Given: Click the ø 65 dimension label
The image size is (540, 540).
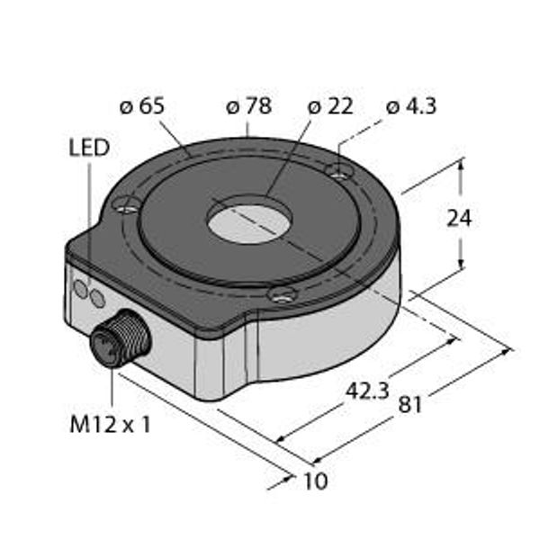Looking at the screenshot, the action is (142, 106).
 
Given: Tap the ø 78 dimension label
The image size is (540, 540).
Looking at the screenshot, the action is (249, 106).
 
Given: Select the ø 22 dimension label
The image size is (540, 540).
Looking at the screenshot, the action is (330, 106).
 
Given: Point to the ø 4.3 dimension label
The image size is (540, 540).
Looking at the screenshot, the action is (411, 106).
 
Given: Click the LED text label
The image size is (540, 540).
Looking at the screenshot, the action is (89, 148).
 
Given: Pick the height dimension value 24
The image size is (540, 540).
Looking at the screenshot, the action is (459, 218).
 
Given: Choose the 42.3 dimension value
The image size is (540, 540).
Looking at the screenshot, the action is (367, 391).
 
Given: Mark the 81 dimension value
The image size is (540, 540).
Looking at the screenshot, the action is (409, 405).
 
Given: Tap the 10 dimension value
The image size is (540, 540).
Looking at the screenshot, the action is (316, 481).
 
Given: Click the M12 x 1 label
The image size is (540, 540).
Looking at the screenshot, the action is (110, 424).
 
